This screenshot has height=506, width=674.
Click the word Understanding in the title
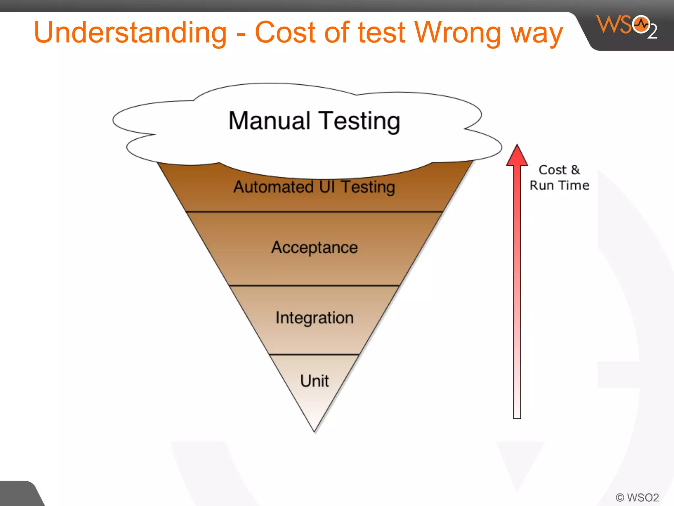130,33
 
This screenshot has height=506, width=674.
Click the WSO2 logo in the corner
627,26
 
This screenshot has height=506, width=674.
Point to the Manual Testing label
314,121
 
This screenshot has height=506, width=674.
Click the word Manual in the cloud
270,121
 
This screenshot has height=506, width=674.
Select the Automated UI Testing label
314,187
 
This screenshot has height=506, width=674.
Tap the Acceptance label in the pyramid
314,248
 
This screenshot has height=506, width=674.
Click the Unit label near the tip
314,381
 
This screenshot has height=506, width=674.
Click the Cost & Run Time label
559,178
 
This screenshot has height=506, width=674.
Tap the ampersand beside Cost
575,170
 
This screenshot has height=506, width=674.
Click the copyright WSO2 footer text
637,497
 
